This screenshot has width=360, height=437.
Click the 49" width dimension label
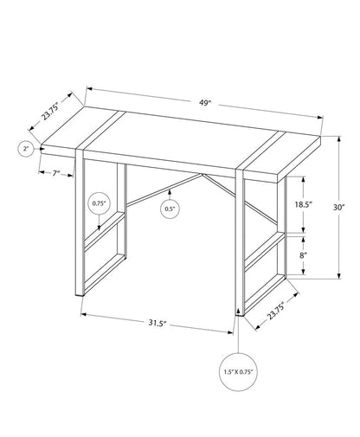coord(205,102)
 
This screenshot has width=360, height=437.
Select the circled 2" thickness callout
coord(27,150)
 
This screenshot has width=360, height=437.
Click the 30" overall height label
coord(339,207)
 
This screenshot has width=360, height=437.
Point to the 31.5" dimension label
coord(157,323)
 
